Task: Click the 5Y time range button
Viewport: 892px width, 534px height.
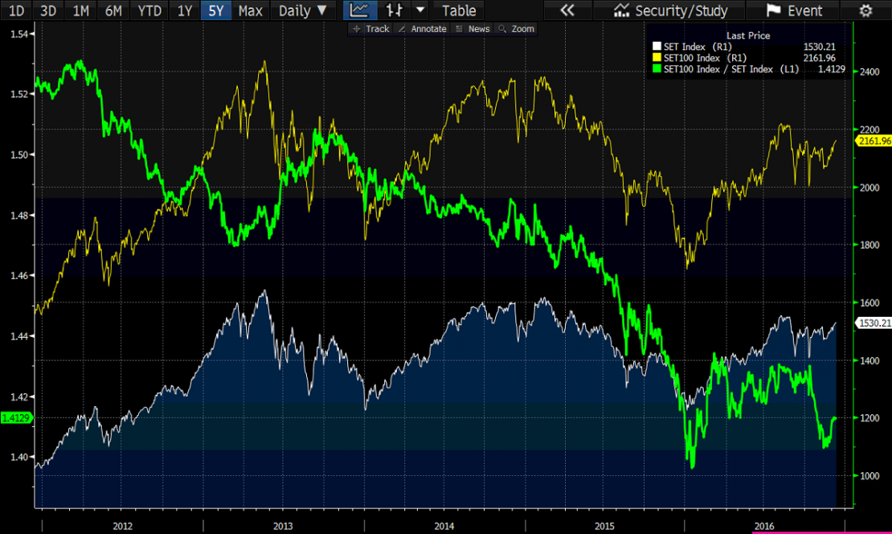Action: [x=216, y=10]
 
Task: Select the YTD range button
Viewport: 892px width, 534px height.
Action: [x=149, y=10]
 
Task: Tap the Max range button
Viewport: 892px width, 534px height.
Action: [x=250, y=10]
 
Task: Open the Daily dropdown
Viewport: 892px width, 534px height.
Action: [x=303, y=10]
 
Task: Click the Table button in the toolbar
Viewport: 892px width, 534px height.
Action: [x=459, y=10]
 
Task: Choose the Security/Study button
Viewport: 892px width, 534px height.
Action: [x=671, y=10]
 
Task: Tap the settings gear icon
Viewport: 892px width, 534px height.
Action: [x=865, y=10]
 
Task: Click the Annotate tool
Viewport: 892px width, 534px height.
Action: [x=423, y=29]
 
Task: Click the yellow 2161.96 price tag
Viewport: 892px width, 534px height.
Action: [x=874, y=141]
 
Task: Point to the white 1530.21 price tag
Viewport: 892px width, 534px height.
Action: [x=874, y=322]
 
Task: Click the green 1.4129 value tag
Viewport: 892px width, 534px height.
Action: [x=16, y=417]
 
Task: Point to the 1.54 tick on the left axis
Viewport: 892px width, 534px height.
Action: [x=16, y=34]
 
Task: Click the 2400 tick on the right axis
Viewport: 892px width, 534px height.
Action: [x=870, y=72]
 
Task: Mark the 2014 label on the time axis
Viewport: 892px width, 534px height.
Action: [x=444, y=525]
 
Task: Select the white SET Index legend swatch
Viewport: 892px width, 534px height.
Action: [x=657, y=47]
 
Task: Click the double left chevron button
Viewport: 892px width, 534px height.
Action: [x=567, y=10]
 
